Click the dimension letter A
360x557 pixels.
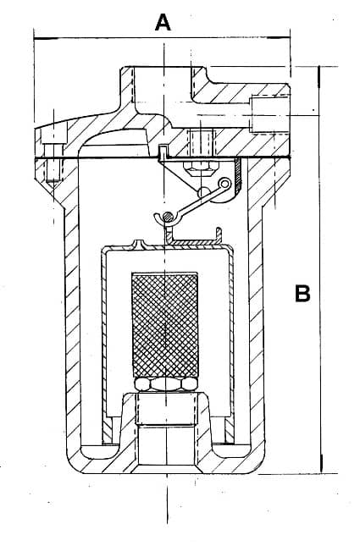tap(163, 22)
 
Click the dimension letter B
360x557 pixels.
tap(302, 294)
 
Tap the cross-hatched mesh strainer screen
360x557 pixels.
tap(165, 325)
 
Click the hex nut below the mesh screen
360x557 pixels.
tap(166, 384)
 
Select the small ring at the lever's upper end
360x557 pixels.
tap(224, 184)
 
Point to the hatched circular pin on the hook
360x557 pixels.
tap(168, 216)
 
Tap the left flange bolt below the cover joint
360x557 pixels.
tap(53, 171)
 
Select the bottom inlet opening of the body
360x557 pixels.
tap(166, 447)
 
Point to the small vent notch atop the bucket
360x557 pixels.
tap(140, 243)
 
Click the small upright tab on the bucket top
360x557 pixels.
tap(219, 235)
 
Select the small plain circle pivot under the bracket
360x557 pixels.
tap(203, 192)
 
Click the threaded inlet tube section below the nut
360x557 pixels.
tap(167, 409)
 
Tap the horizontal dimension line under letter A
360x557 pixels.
tap(162, 37)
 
